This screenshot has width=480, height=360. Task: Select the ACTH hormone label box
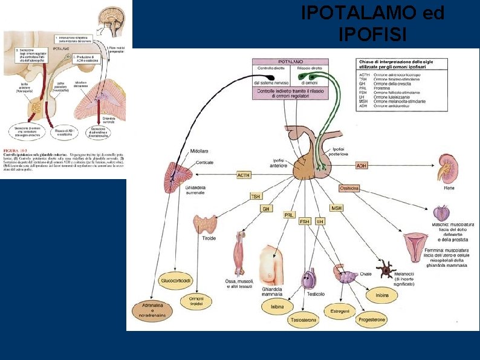[x=244, y=175]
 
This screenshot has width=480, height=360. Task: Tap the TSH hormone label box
[x=256, y=196]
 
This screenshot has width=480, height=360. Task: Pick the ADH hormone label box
[x=361, y=165]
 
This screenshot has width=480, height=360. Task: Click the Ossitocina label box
[x=350, y=188]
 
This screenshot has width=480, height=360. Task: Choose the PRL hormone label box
[x=290, y=215]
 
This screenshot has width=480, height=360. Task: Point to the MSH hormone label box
[x=336, y=208]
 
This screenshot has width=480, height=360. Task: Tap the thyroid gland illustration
[x=209, y=224]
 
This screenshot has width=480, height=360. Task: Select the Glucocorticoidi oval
[x=176, y=281]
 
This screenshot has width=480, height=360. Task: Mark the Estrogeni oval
[x=337, y=312]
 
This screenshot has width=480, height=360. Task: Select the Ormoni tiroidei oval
[x=196, y=301]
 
